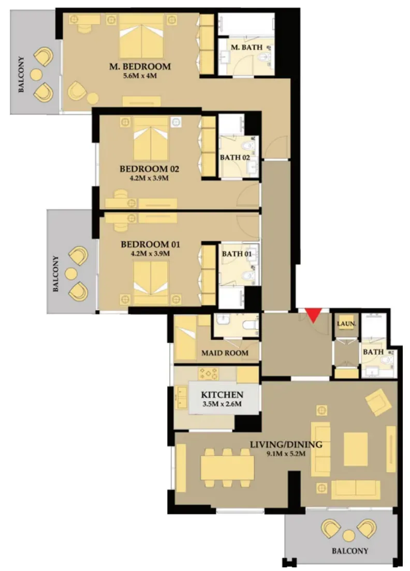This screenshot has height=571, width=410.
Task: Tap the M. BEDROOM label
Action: coord(140,67)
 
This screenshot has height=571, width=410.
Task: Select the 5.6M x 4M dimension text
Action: coord(140,76)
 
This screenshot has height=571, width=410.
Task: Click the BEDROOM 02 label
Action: coord(149,169)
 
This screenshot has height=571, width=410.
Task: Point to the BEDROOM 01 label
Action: coord(150,244)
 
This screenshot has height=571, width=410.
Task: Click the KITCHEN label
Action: coord(222,395)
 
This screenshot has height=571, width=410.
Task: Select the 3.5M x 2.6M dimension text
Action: coord(222,404)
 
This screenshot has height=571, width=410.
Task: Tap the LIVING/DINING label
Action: coord(286,444)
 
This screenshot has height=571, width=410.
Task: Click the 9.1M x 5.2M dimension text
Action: coord(286,453)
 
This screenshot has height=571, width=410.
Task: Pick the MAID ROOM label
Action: coord(225,353)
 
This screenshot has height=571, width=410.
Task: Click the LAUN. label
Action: coord(346,324)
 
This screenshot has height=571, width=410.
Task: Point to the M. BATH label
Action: coord(246,47)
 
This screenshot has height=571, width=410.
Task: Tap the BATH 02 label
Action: coord(235,157)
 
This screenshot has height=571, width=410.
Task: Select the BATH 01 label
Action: coord(237,254)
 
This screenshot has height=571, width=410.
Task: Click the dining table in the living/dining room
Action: coord(228,468)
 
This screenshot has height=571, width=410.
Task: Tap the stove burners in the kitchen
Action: coord(208,373)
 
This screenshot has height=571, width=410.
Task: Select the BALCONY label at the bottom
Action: coord(349,551)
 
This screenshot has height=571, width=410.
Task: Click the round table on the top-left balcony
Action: coord(36,75)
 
